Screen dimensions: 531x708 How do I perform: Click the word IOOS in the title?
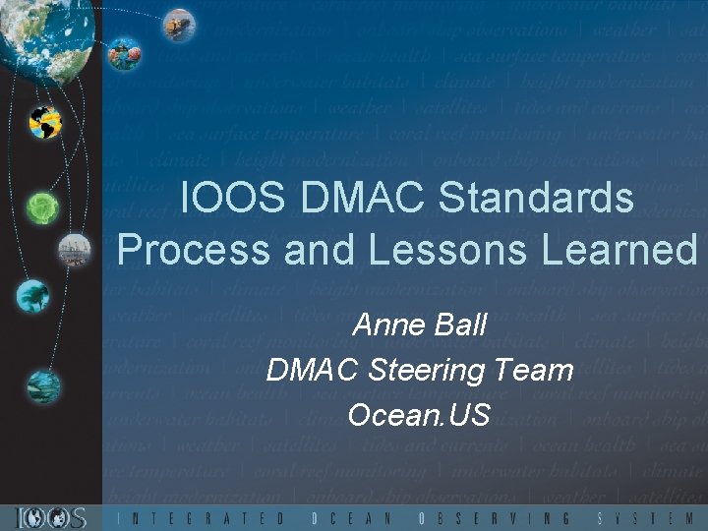pos(231,199)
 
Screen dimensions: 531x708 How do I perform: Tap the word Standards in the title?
pos(536,199)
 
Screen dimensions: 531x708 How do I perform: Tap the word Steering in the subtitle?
pos(427,371)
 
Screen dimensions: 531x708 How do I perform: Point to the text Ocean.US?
pos(419,414)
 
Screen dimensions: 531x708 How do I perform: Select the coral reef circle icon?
pos(125,52)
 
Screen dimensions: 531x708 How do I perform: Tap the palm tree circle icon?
pos(32,294)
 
